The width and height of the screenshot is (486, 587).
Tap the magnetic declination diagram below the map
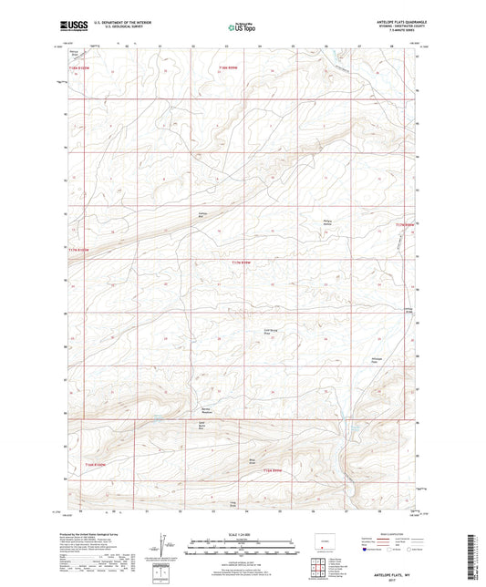point(163,548)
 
